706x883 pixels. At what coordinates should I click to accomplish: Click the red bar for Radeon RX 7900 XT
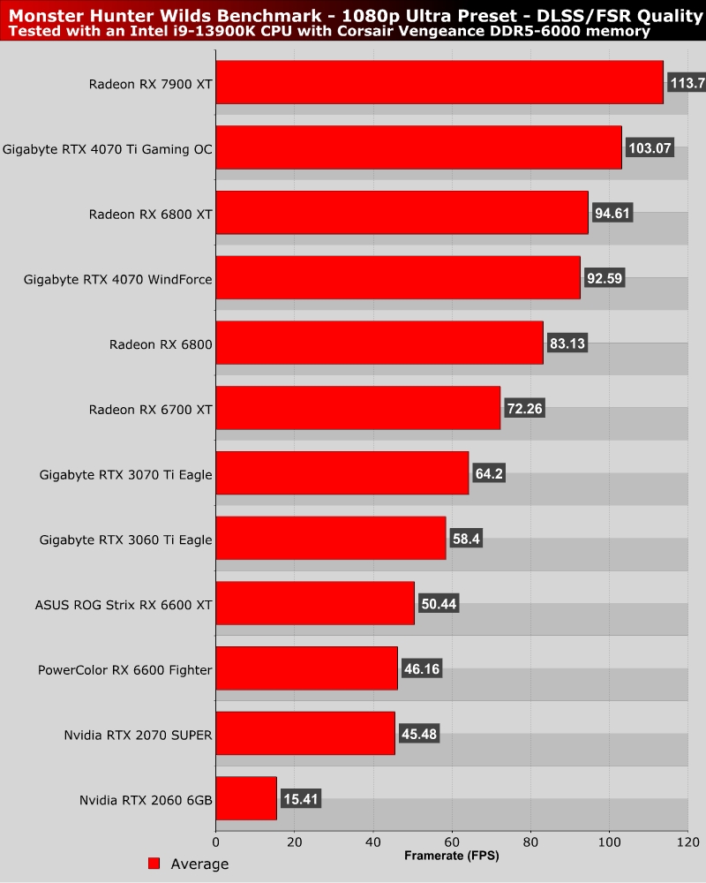pos(439,82)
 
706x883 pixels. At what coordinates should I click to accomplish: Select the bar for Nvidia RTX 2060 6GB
pos(246,798)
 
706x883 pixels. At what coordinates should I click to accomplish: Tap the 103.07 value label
pos(650,148)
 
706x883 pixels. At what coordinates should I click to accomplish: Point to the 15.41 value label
pos(300,799)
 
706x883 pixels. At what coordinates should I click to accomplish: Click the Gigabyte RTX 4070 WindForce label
pos(117,279)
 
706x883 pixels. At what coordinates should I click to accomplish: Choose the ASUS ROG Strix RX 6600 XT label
pos(124,605)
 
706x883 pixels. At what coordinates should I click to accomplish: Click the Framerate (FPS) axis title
pos(451,857)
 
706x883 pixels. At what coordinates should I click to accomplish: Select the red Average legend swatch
pos(154,864)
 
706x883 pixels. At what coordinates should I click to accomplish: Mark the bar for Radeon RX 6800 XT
pos(402,213)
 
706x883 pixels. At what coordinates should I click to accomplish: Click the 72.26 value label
pos(529,409)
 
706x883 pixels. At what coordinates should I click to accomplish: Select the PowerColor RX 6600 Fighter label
pos(124,670)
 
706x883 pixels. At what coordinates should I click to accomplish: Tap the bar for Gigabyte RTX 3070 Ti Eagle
pos(342,473)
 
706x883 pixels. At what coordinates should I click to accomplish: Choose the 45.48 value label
pos(418,734)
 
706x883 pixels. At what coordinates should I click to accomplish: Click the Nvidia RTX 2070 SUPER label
pos(138,735)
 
